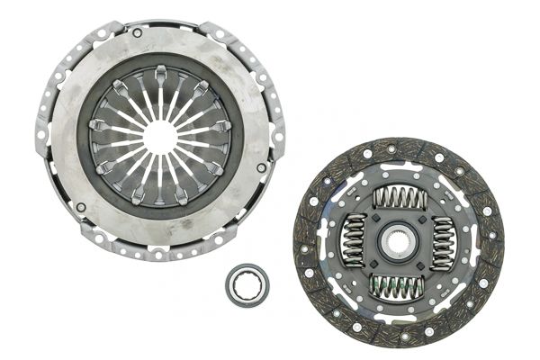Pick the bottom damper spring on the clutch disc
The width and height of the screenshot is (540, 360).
[x=399, y=286]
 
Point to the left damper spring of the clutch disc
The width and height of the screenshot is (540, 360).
[x=355, y=241]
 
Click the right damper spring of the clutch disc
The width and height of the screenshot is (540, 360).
[x=444, y=242]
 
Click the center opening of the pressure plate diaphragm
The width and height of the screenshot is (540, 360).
[x=159, y=136]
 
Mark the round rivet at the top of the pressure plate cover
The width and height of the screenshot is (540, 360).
[x=137, y=33]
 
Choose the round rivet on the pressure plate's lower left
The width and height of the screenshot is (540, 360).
[x=81, y=208]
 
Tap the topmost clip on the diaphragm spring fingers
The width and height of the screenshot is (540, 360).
[x=159, y=71]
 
